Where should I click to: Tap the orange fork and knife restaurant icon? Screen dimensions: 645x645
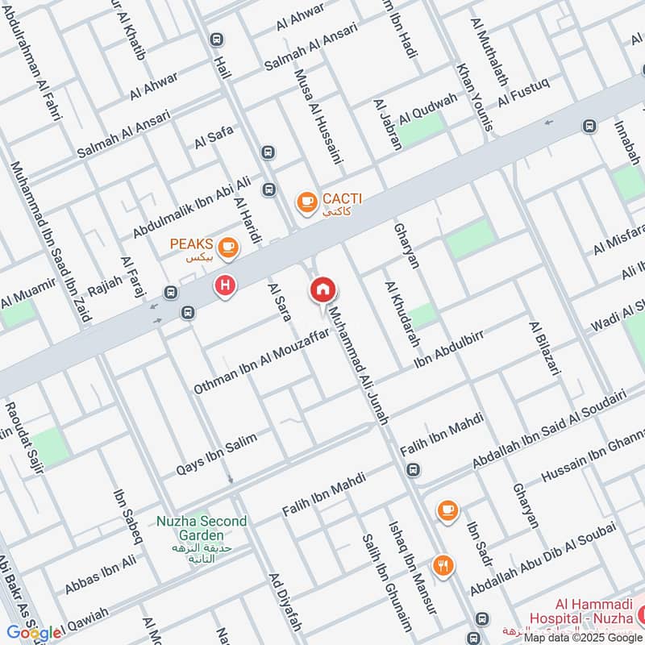coord(443,565)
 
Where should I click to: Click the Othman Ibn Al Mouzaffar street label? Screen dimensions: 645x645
coord(263,362)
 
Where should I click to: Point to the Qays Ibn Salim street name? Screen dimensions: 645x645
coord(217,454)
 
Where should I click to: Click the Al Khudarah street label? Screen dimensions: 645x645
coord(402,314)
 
